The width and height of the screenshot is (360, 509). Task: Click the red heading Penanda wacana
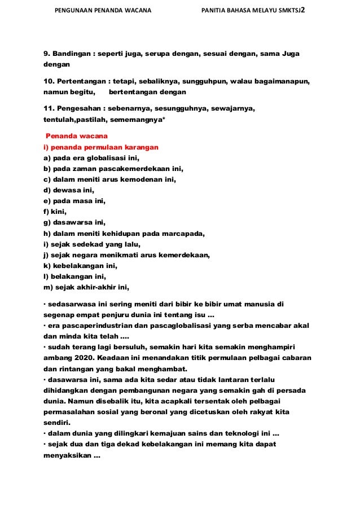point(72,137)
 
